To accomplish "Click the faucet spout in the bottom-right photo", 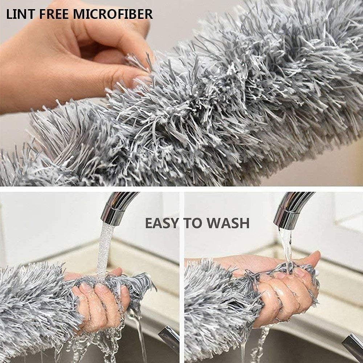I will click(290, 211).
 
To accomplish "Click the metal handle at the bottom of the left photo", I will click(169, 339).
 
